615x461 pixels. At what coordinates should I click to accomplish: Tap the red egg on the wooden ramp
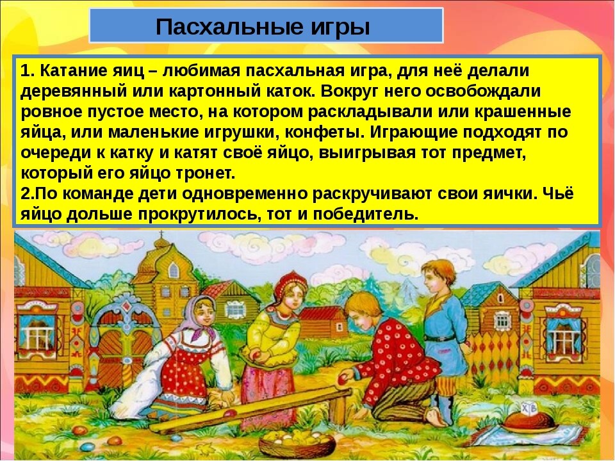[x=230, y=413]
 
